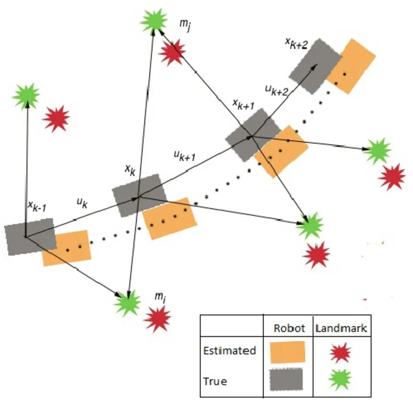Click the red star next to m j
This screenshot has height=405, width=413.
coord(172,52)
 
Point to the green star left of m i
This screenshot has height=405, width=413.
coord(127,302)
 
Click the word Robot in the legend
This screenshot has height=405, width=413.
coord(286,328)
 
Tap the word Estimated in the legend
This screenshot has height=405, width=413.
coord(229,351)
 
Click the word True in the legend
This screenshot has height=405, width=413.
coord(215,381)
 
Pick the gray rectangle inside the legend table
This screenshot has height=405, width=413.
coord(287,379)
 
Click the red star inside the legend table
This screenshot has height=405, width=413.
coord(341,352)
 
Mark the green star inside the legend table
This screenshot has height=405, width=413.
coord(341,379)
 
